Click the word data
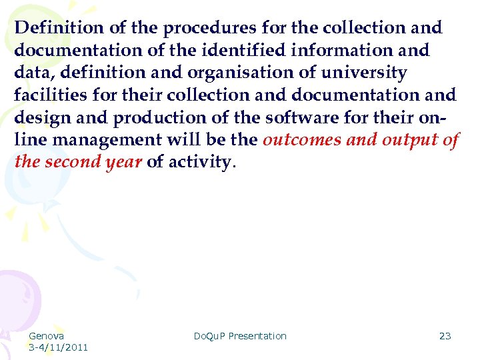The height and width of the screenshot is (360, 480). click(x=31, y=73)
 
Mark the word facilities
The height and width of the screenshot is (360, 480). click(x=48, y=95)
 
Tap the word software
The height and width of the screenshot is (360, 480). click(x=301, y=117)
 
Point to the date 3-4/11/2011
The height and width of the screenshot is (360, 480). click(x=59, y=347)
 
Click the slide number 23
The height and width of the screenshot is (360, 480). click(x=445, y=336)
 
